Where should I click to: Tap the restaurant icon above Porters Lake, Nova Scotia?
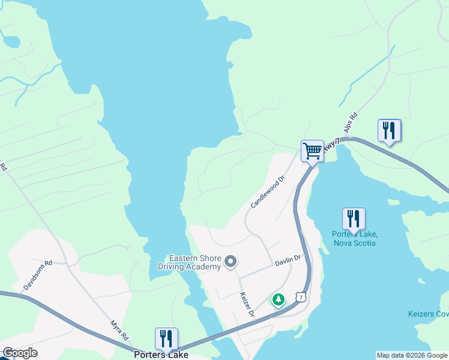(x=354, y=218)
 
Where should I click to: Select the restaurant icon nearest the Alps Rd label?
(x=389, y=130)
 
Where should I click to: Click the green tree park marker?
(x=278, y=299)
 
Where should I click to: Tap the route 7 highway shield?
(x=301, y=296)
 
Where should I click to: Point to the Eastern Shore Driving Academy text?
(x=189, y=262)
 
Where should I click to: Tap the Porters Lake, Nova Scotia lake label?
(x=354, y=238)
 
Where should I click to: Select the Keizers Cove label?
(x=428, y=314)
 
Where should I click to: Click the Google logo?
(x=20, y=353)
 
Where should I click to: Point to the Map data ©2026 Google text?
(x=412, y=355)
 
